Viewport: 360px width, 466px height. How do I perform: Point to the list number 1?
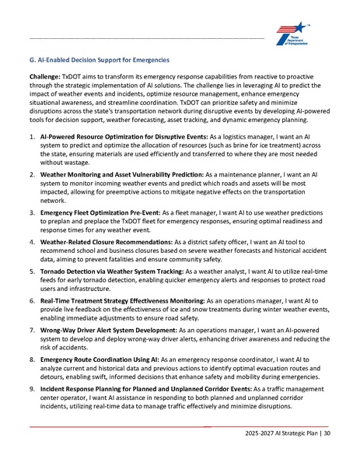[x=31, y=135]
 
